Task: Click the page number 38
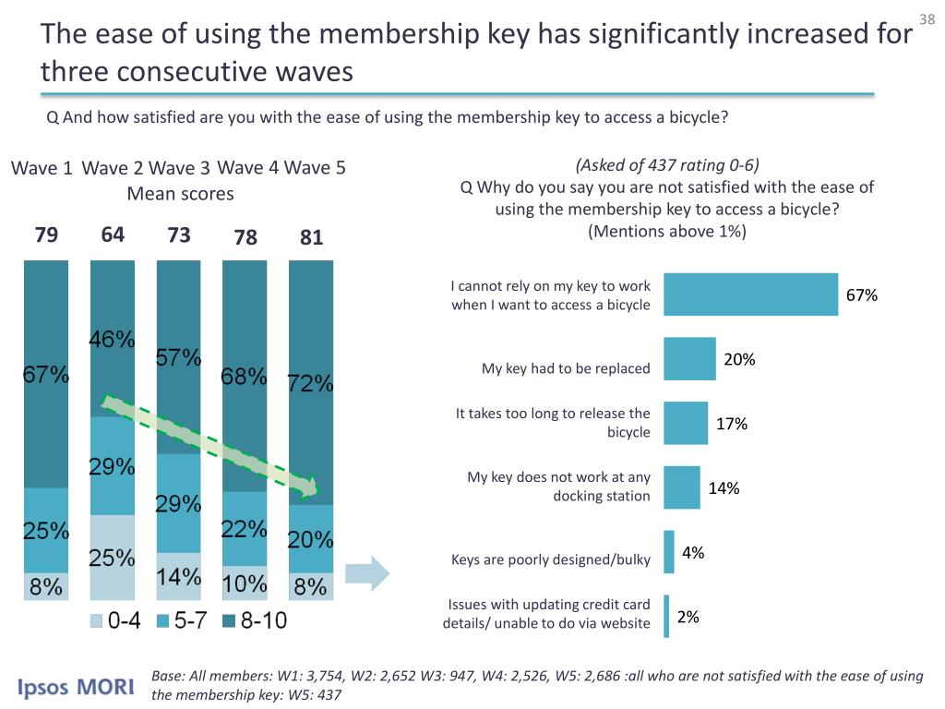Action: [x=927, y=20]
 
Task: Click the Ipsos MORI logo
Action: [x=78, y=687]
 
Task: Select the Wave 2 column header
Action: [x=112, y=168]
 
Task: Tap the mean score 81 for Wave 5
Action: [x=312, y=237]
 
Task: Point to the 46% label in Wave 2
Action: [x=113, y=340]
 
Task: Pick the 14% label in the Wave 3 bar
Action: [x=178, y=577]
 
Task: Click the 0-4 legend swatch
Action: [x=97, y=622]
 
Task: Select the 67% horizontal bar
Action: [x=751, y=294]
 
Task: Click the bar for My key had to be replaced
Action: [x=690, y=358]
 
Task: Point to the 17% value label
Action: [x=732, y=424]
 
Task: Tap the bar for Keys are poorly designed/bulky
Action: [x=669, y=552]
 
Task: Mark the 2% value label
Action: [x=688, y=618]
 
